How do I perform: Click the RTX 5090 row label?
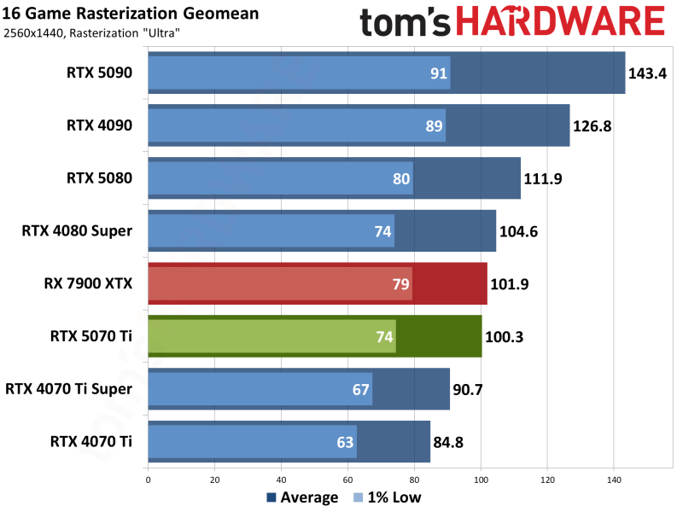100,73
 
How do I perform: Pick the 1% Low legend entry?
388,497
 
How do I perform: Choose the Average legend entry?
303,497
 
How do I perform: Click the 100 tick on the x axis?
481,480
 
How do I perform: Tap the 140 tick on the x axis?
614,480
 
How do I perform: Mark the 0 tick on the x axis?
149,480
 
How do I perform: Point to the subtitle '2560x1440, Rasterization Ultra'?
98,32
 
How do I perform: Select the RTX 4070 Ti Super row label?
69,389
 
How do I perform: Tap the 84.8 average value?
452,443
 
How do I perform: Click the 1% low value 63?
346,443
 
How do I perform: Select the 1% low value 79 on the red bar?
400,284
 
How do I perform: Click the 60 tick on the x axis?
347,480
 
